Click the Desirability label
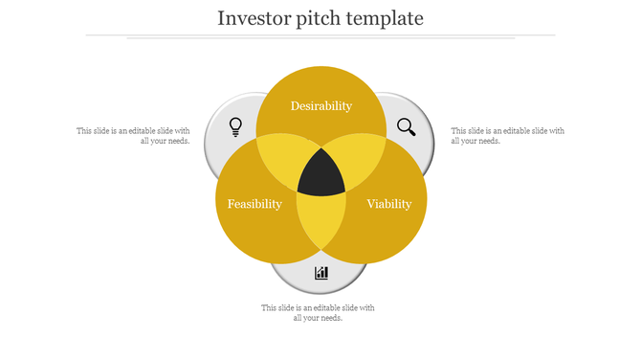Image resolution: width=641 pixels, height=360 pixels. pyautogui.click(x=321, y=106)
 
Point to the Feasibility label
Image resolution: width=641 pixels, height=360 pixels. pyautogui.click(x=254, y=204)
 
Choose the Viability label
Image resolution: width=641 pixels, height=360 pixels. pyautogui.click(x=389, y=204)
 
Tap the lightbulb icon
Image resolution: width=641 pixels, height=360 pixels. pyautogui.click(x=235, y=125)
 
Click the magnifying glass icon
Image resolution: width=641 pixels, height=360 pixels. pyautogui.click(x=407, y=126)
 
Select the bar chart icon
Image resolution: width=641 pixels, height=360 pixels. pyautogui.click(x=321, y=273)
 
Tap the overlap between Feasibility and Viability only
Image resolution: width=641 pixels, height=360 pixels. pyautogui.click(x=321, y=225)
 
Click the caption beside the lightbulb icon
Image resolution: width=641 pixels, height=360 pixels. pyautogui.click(x=133, y=135)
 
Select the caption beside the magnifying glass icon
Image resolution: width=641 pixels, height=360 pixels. pyautogui.click(x=507, y=135)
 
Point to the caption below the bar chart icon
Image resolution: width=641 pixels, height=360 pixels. pyautogui.click(x=319, y=312)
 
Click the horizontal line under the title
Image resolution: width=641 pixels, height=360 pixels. pyautogui.click(x=320, y=35)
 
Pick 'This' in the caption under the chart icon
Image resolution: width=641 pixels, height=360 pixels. pyautogui.click(x=270, y=307)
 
